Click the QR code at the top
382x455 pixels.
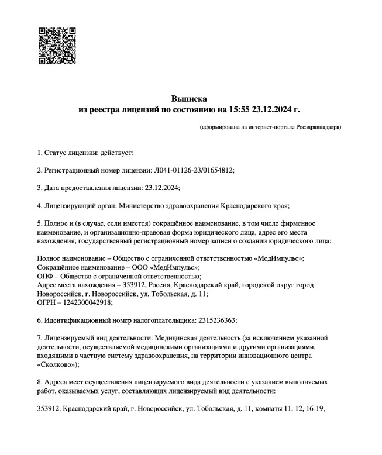click(57, 45)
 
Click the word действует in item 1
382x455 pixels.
click(116, 153)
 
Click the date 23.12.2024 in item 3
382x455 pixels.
click(161, 188)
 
